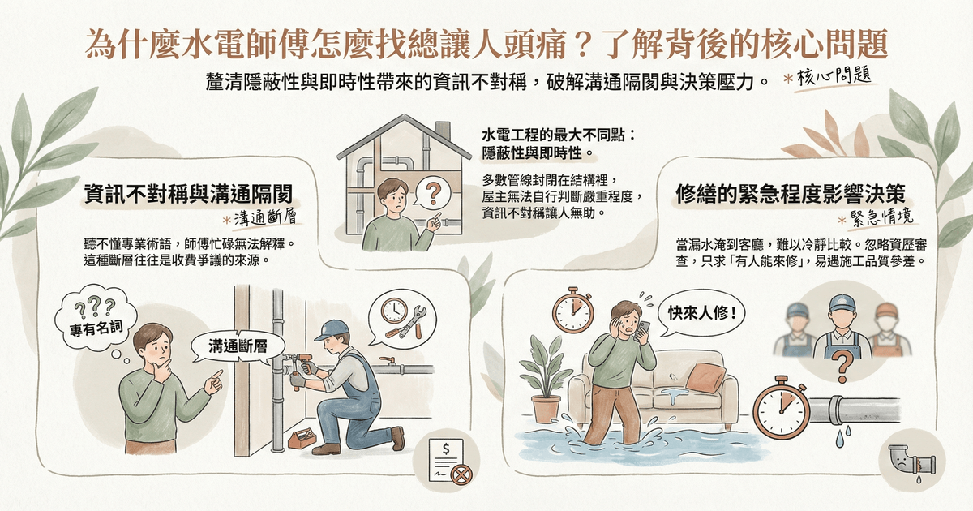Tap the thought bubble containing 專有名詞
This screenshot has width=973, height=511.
(96, 317)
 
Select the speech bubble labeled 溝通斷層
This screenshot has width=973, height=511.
(238, 346)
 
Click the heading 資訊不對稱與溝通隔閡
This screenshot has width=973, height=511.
(188, 194)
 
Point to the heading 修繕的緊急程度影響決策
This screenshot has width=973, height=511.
(791, 194)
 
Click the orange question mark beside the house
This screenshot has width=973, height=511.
(433, 193)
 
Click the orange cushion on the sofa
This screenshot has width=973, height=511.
(705, 377)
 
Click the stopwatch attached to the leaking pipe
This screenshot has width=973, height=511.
(781, 410)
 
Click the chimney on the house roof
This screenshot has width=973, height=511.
(442, 131)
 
